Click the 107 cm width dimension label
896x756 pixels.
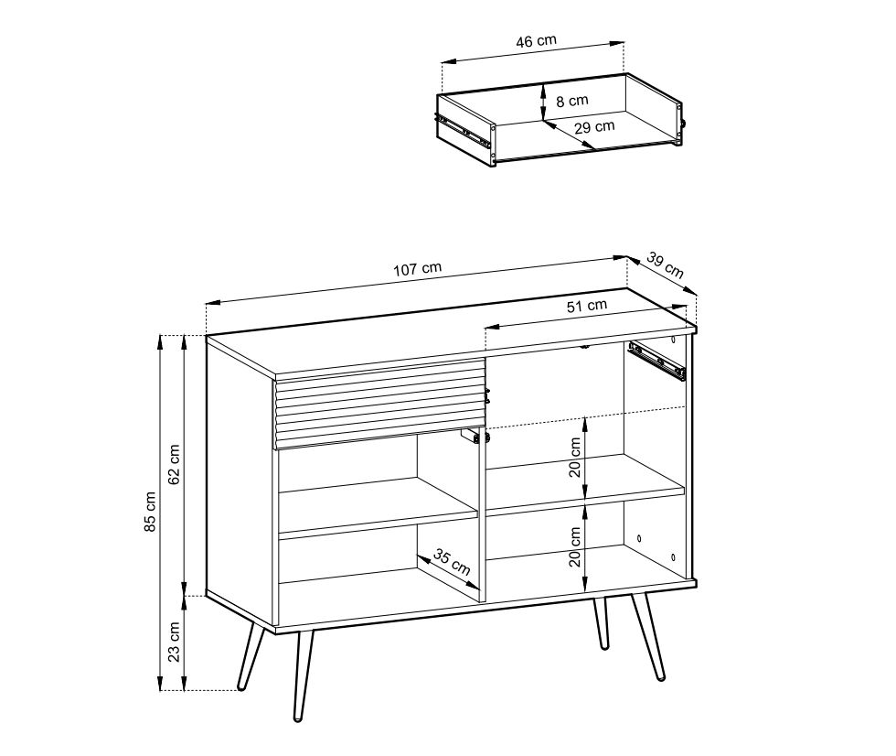[417, 269]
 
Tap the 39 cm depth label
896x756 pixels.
[666, 265]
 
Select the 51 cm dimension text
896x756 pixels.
[587, 306]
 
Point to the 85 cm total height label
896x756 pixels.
[150, 512]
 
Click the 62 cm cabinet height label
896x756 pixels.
[175, 464]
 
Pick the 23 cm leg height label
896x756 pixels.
[175, 642]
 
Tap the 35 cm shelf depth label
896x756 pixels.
[452, 562]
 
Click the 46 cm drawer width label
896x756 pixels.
[536, 41]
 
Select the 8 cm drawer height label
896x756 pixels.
[572, 102]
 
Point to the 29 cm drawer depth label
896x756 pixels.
[594, 127]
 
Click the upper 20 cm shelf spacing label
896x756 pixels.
[575, 457]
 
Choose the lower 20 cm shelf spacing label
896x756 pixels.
[575, 546]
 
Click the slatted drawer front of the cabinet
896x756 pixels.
[380, 403]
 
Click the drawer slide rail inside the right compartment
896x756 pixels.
[656, 361]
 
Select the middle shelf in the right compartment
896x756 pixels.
[584, 486]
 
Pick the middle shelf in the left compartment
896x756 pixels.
[378, 508]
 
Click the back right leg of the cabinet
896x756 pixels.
[600, 623]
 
